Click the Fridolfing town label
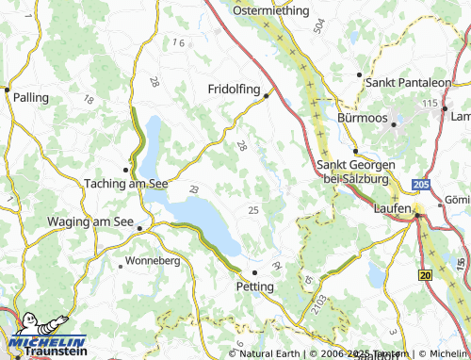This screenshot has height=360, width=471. tap(235, 88)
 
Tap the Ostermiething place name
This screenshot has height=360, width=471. tap(270, 10)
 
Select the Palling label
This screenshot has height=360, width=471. tap(32, 97)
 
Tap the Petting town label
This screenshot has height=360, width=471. tap(254, 286)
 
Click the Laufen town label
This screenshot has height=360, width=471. tap(392, 207)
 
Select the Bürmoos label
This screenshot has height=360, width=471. tap(362, 119)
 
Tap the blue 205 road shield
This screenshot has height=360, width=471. tap(421, 186)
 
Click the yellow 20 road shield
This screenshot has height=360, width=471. tap(425, 274)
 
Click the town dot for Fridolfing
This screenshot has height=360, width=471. tap(267, 94)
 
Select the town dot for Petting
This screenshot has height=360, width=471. tap(254, 271)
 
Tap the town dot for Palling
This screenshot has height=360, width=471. tap(7, 90)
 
